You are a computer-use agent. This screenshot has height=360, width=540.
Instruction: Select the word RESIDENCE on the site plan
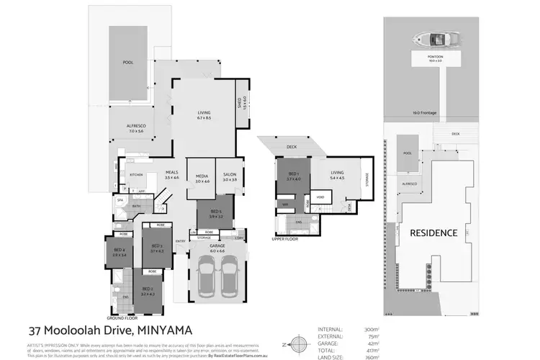click(433, 233)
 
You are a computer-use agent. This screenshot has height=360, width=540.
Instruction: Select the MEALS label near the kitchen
click(171, 174)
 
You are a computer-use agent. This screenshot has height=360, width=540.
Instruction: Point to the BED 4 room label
click(119, 252)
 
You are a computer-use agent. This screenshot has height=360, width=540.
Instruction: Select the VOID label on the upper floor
click(320, 197)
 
